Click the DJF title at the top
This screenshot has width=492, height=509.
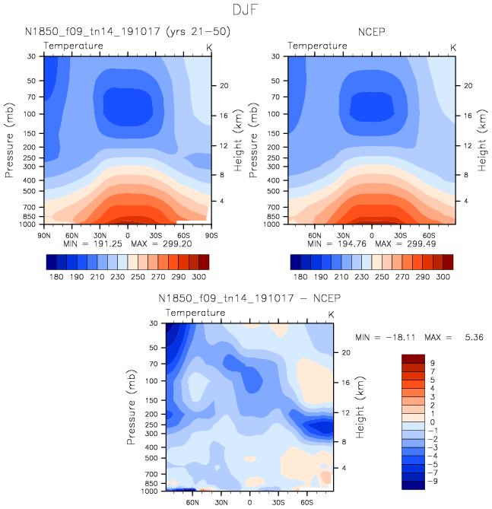[246, 11]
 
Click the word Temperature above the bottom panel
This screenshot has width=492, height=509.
[195, 313]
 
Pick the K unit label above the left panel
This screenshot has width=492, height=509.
[209, 47]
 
